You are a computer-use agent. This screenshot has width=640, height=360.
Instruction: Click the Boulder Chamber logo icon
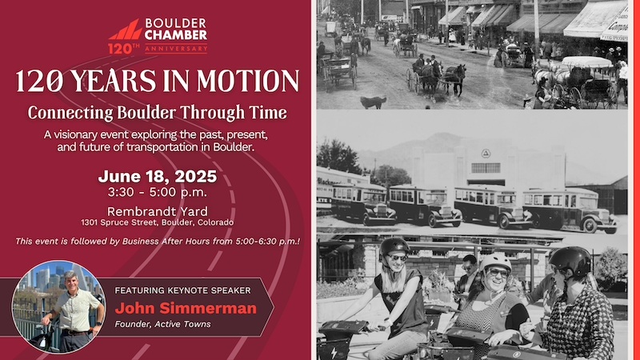pyautogui.click(x=126, y=30)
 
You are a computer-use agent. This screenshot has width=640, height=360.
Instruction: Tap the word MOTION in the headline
pyautogui.click(x=248, y=81)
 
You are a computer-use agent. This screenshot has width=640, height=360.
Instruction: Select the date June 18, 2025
pyautogui.click(x=157, y=176)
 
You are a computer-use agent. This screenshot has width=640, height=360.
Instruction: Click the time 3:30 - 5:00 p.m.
pyautogui.click(x=157, y=192)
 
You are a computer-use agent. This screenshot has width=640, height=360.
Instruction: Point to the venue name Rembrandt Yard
pyautogui.click(x=157, y=211)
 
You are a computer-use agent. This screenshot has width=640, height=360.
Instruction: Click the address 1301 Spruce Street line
pyautogui.click(x=157, y=222)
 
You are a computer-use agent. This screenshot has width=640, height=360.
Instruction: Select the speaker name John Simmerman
pyautogui.click(x=186, y=308)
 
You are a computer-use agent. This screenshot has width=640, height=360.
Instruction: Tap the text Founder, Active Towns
pyautogui.click(x=162, y=324)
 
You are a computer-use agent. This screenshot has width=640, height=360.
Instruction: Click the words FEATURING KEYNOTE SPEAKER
pyautogui.click(x=182, y=290)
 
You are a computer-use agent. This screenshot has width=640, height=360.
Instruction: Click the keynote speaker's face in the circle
pyautogui.click(x=71, y=281)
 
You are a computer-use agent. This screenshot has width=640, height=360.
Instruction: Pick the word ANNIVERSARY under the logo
pyautogui.click(x=176, y=49)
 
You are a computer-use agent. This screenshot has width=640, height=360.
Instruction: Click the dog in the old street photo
pyautogui.click(x=373, y=102)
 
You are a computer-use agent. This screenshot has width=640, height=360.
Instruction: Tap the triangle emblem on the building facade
pyautogui.click(x=486, y=154)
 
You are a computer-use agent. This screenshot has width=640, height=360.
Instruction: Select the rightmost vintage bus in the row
pyautogui.click(x=570, y=210)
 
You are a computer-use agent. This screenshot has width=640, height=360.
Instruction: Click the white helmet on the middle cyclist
pyautogui.click(x=495, y=262)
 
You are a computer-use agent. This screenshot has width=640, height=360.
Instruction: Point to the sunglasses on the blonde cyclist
pyautogui.click(x=397, y=258)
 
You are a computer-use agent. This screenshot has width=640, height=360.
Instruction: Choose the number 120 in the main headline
pyautogui.click(x=39, y=81)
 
